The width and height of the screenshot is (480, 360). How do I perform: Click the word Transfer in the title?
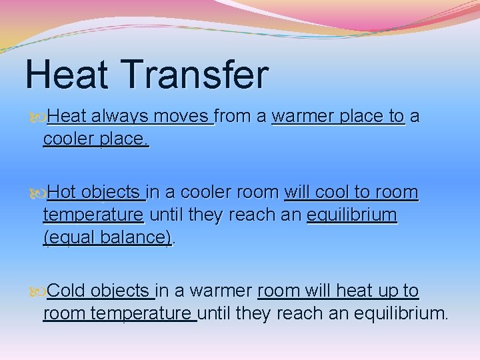coord(202,75)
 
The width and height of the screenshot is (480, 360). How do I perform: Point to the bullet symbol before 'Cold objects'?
coord(37,291)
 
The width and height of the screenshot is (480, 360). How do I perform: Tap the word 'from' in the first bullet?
coord(233,117)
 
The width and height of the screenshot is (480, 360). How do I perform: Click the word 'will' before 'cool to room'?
coord(298,193)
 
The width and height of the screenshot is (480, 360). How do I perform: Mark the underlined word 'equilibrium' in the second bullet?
coord(351,215)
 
